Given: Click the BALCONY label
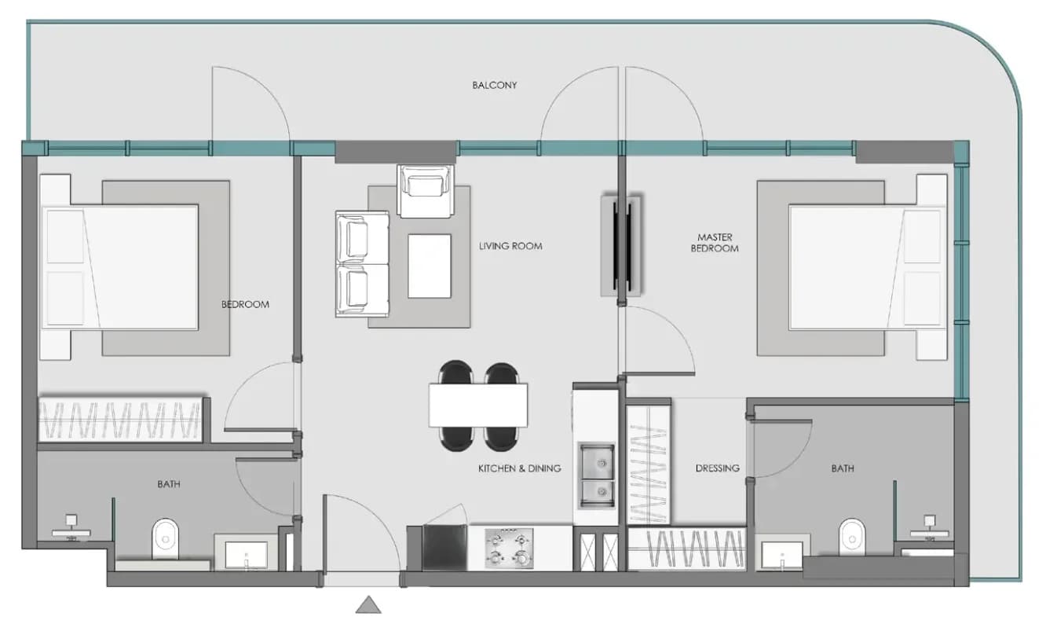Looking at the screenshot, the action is coord(495,85).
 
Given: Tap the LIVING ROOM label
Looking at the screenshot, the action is coord(510,246).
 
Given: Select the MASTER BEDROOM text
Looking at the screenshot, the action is coord(715,243).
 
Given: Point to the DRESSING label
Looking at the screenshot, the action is coord(717,468).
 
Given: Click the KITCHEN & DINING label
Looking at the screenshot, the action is coord(519,468).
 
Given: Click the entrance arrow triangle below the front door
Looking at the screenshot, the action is coord(368,604).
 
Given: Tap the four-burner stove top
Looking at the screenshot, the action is coord(509,549).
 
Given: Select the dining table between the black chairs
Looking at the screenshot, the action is coord(478,406).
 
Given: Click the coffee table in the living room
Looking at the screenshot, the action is coord(429,266).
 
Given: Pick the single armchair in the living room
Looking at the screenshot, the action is coord(425,191).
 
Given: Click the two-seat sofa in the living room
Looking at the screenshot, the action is coord(362,264).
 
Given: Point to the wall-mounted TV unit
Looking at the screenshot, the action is coord(620,246).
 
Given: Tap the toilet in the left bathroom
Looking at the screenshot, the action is coord(166,538).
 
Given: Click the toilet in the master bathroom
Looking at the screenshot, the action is coord(852,538).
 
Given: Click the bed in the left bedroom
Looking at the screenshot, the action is coord(119,267).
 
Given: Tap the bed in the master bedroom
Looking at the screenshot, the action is coord(868,267).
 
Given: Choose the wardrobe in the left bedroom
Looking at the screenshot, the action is coord(120,419).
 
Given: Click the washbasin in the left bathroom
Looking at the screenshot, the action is coord(246,556).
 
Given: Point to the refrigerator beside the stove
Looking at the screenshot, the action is coord(444,547).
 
